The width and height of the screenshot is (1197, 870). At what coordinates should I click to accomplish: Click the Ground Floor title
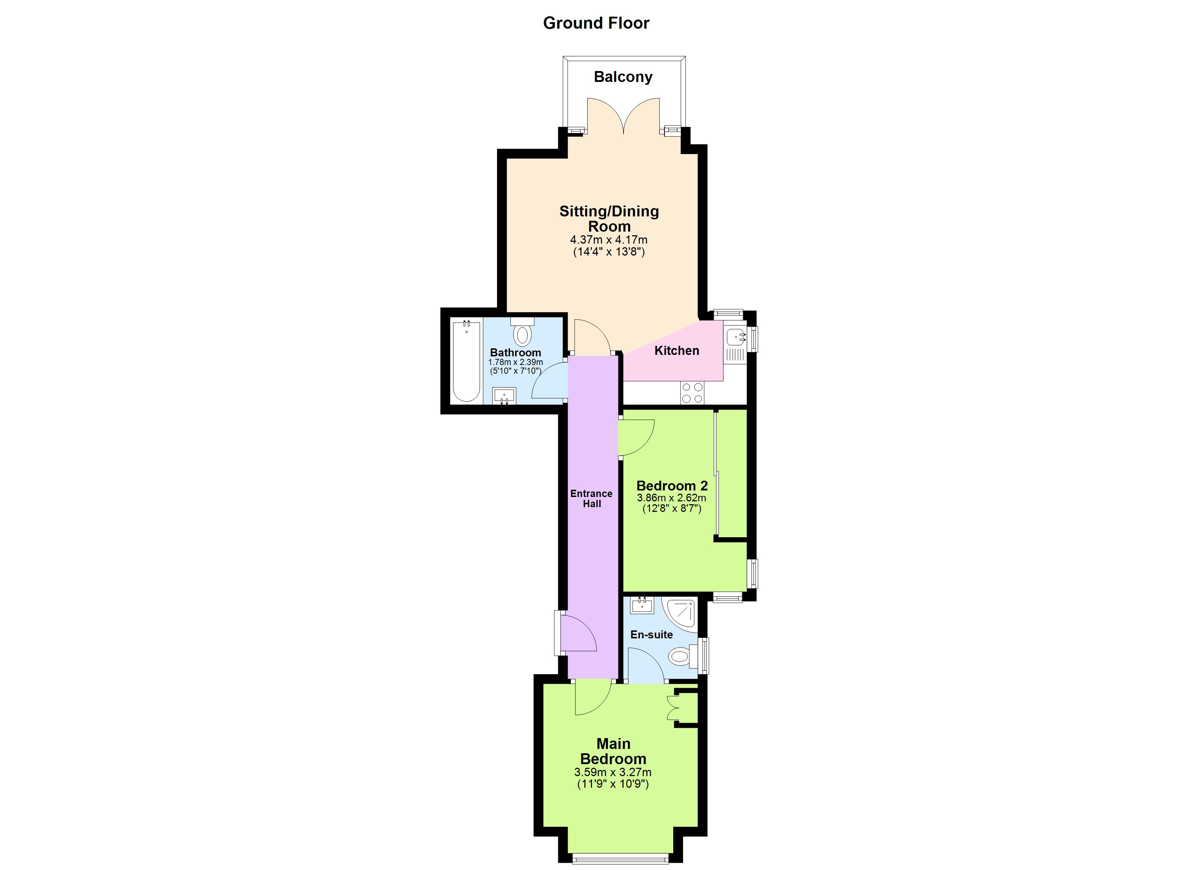pos(596,23)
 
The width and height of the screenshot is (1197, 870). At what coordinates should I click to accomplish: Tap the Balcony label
pos(623,77)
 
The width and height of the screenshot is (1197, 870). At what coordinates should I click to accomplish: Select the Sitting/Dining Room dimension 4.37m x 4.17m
pos(609,240)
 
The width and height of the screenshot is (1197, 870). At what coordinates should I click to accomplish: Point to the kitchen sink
pos(735,336)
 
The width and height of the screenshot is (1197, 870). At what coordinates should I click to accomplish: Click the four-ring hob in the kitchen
pos(692,393)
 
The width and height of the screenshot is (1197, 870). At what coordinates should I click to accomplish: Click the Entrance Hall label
pos(591,498)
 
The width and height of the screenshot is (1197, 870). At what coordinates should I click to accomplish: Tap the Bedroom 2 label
pos(671,486)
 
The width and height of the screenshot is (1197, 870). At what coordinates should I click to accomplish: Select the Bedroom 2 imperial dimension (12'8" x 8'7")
pos(671,509)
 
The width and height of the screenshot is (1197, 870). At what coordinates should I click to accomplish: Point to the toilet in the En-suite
pos(680,657)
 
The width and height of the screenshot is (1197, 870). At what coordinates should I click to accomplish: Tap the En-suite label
pos(651,635)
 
